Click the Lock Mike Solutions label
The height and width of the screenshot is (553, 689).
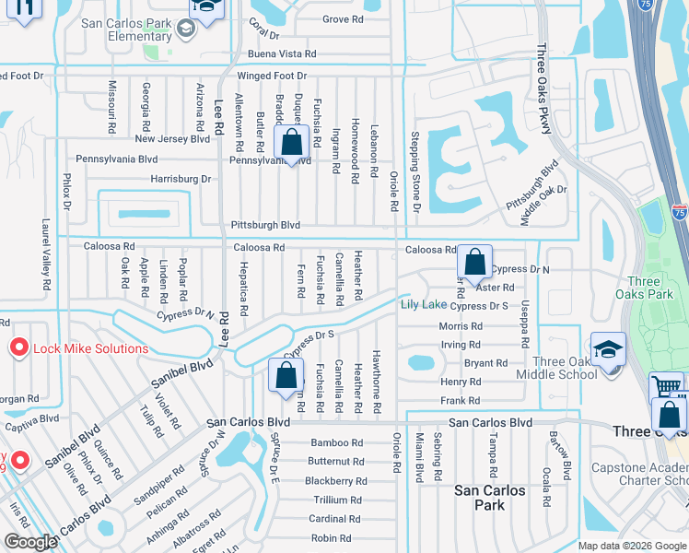pyautogui.click(x=90, y=348)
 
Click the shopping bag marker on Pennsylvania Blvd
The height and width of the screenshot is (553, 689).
pyautogui.click(x=292, y=144)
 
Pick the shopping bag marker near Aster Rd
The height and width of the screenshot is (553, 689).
pyautogui.click(x=474, y=263)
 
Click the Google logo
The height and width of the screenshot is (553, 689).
pyautogui.click(x=31, y=542)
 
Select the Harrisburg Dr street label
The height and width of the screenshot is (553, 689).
pyautogui.click(x=181, y=179)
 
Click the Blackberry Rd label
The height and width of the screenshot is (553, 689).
pyautogui.click(x=335, y=481)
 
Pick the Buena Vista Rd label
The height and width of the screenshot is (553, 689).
pyautogui.click(x=282, y=54)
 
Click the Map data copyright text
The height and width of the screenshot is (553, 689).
pyautogui.click(x=632, y=546)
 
